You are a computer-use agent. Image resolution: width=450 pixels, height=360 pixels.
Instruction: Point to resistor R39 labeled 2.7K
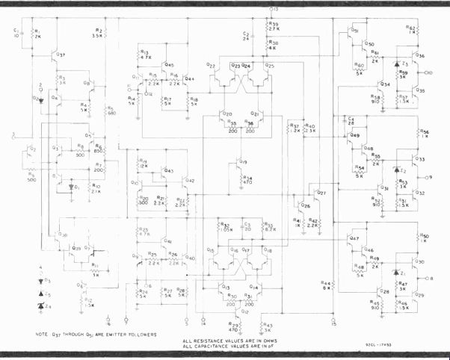[x=267, y=26]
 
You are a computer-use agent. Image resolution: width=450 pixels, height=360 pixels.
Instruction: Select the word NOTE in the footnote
[x=46, y=334]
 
